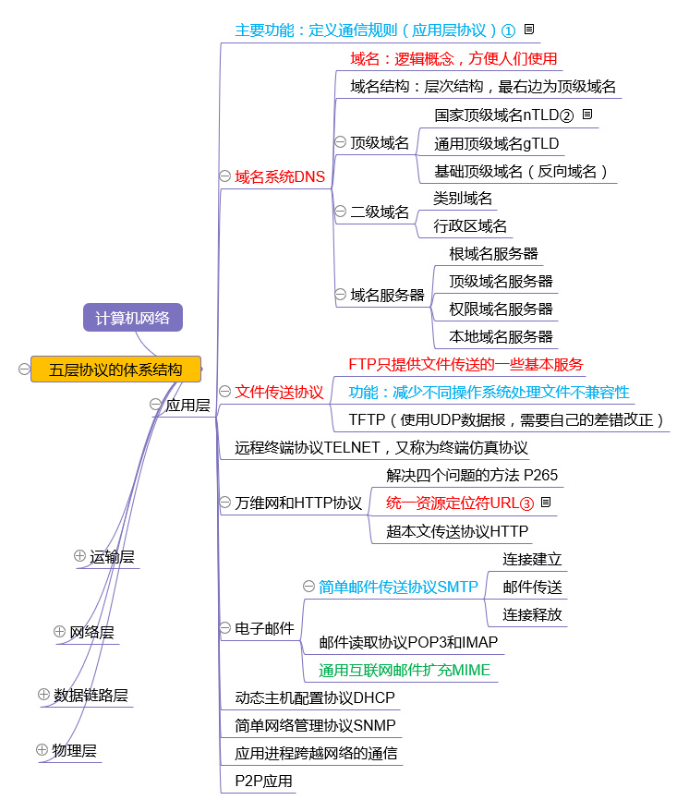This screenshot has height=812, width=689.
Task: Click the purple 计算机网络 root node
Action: point(133,318)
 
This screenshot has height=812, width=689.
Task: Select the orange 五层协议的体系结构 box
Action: point(116,370)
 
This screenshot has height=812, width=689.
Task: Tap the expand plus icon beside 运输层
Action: point(79,556)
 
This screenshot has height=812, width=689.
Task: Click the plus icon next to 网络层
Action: point(59,631)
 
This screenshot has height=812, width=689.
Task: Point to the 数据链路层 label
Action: point(91,695)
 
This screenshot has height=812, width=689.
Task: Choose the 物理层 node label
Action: point(75,750)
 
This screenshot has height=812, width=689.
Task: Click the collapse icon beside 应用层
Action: point(155,404)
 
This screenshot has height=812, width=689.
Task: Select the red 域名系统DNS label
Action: point(280,176)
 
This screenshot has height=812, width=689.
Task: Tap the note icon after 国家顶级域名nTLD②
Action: point(587,114)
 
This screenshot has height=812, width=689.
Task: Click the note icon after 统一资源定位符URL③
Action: point(546,502)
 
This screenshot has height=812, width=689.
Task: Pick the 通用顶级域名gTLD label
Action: point(497,143)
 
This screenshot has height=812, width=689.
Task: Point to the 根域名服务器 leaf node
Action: point(493,253)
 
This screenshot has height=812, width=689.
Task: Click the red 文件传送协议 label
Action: point(279,392)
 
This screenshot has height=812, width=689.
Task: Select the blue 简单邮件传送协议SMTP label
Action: point(399,587)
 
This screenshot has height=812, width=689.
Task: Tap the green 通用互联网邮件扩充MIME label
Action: point(405,670)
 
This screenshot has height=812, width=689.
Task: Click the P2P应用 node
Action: point(263,781)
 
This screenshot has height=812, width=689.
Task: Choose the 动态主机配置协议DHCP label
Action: point(315,697)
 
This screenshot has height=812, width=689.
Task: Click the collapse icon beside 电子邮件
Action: point(224,627)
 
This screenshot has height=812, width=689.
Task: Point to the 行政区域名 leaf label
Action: point(470,225)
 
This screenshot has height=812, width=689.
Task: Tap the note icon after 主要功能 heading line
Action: point(529,29)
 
